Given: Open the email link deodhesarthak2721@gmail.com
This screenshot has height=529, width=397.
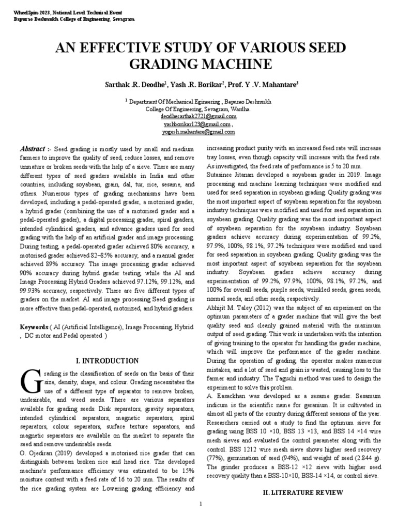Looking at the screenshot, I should click(x=198, y=117).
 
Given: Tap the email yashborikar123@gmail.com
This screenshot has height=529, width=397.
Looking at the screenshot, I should click(x=197, y=125).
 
